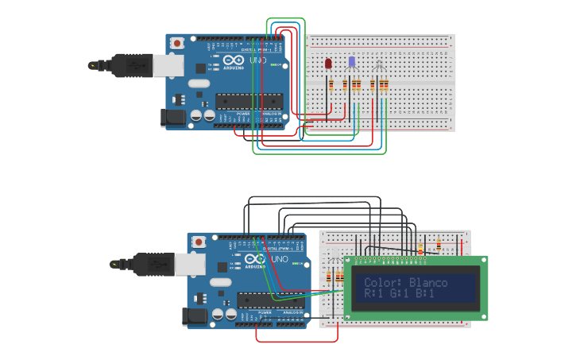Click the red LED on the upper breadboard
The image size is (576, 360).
[x=328, y=64]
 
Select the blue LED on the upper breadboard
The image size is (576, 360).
[x=352, y=62]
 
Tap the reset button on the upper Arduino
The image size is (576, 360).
[x=177, y=42]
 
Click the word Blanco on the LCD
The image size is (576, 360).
[x=428, y=283]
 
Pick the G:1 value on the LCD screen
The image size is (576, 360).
[x=401, y=294]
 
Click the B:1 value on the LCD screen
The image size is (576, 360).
[x=426, y=294]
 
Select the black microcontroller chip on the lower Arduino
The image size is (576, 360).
[x=270, y=299]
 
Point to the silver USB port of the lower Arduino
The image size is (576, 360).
[x=190, y=264]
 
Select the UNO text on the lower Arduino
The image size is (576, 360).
[x=280, y=259]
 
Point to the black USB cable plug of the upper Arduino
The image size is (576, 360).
[x=130, y=65]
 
